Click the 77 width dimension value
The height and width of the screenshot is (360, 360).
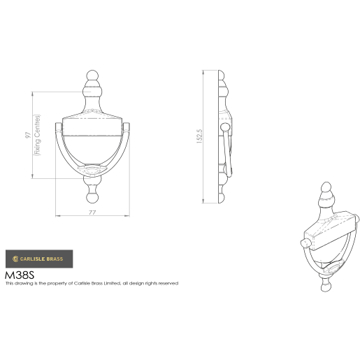(92, 210)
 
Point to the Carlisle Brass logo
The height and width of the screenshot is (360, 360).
(35, 259)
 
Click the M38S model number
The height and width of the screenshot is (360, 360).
(20, 275)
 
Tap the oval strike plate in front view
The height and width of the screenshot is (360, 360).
(93, 170)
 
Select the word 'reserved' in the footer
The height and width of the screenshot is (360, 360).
(168, 283)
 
